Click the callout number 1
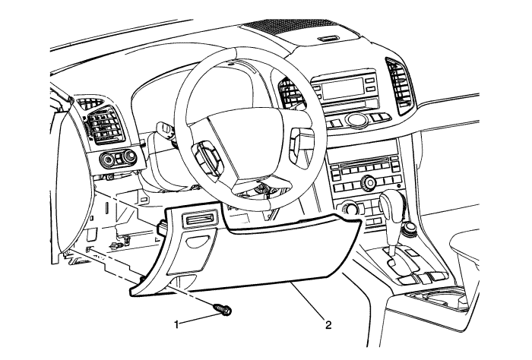pos(177,324)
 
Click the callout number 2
pos(328,326)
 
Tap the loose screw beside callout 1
pos(224,311)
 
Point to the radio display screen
pos(334,90)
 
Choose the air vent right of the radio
pos(397,80)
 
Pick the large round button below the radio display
pos(355,119)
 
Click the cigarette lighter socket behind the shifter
pos(410,226)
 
